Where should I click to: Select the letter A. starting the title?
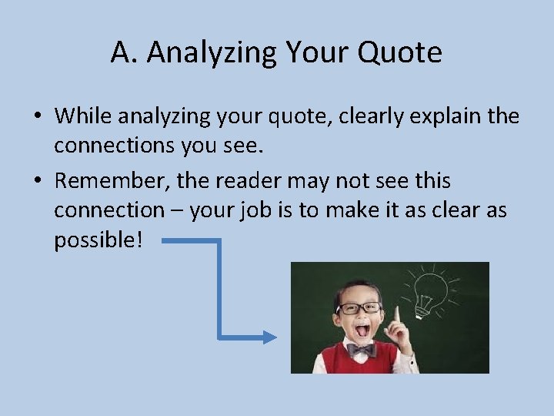[x=123, y=52]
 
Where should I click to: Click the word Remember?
[x=109, y=181]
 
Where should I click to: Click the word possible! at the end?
[x=98, y=239]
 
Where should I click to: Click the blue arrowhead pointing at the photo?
[x=269, y=337]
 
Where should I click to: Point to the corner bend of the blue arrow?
[x=220, y=241]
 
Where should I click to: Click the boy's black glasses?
[x=359, y=307]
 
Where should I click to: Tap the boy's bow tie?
[x=359, y=350]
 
